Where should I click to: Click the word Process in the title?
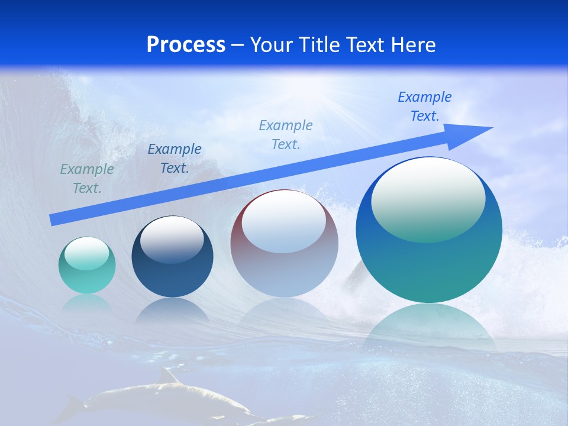186,45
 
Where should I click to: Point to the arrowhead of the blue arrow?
473,133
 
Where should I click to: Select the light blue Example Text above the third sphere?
286,135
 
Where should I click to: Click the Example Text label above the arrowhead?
425,106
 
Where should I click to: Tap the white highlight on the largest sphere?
428,198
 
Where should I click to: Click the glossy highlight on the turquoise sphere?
86,253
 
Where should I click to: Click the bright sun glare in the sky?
319,89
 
